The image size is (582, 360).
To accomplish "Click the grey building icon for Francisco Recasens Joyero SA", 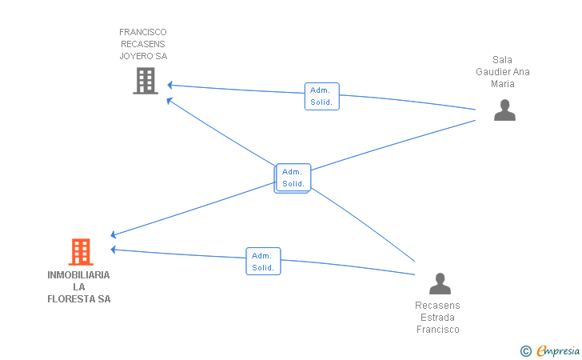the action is click(x=145, y=81).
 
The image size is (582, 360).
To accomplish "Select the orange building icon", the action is click(x=81, y=251).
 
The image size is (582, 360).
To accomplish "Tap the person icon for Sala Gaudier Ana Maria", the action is click(x=504, y=110).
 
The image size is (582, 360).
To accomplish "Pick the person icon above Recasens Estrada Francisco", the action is click(x=440, y=283).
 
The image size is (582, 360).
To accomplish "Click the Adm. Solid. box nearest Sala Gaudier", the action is click(x=322, y=96).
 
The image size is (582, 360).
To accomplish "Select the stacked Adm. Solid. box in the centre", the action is click(x=293, y=178).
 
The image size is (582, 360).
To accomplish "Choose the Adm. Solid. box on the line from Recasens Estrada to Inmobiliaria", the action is click(x=263, y=261).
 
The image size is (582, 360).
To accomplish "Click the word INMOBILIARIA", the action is click(x=78, y=275).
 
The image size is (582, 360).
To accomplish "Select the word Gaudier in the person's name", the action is click(x=493, y=72).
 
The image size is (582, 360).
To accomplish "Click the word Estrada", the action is click(x=437, y=318).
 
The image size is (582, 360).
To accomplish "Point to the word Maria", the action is click(x=503, y=84).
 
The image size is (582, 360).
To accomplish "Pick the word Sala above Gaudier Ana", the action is click(x=502, y=60).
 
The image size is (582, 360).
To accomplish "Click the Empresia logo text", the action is click(x=558, y=350).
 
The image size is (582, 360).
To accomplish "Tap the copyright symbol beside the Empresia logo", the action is click(x=525, y=351).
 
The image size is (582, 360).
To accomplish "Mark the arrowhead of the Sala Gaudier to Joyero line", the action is click(x=169, y=85).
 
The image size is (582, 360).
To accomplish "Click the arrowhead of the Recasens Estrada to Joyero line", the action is click(x=169, y=100).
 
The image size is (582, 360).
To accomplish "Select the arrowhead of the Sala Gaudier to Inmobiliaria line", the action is click(x=114, y=234).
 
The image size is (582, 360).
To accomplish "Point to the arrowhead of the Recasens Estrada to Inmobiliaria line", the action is click(x=114, y=250).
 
